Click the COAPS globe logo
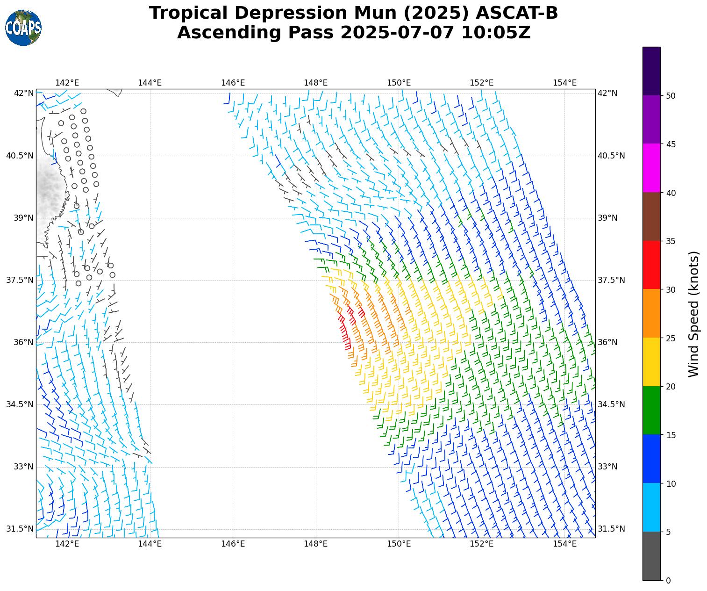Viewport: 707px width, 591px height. pyautogui.click(x=23, y=28)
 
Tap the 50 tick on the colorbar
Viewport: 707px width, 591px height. pyautogui.click(x=671, y=95)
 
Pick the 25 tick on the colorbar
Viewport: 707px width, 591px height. pyautogui.click(x=671, y=338)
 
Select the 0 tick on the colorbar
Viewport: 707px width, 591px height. pyautogui.click(x=668, y=580)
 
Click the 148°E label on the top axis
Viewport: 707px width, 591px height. pyautogui.click(x=316, y=83)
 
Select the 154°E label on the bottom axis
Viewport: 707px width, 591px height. pyautogui.click(x=564, y=544)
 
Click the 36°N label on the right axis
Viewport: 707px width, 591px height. pyautogui.click(x=607, y=342)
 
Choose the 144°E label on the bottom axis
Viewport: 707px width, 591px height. pyautogui.click(x=150, y=544)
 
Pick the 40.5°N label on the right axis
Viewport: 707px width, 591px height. pyautogui.click(x=611, y=156)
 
